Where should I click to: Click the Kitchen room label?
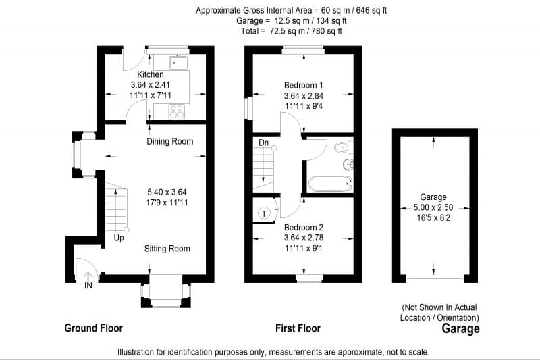(151, 74)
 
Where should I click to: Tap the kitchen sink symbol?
(178, 63)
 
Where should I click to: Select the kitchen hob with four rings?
(177, 111)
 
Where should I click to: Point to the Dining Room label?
(170, 141)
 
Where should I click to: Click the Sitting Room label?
(167, 249)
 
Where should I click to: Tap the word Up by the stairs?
(119, 238)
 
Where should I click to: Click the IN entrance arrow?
(88, 277)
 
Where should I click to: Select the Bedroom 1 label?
(303, 85)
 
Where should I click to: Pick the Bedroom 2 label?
(303, 228)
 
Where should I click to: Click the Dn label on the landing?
(263, 143)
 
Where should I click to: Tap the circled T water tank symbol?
(264, 214)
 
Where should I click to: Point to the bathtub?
(330, 184)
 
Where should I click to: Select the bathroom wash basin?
(348, 165)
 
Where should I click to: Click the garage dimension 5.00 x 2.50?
(433, 207)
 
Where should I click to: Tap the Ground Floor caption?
(93, 328)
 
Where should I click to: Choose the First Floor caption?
(298, 328)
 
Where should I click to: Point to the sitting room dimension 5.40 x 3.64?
(167, 192)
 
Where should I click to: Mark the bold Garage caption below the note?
(460, 329)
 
